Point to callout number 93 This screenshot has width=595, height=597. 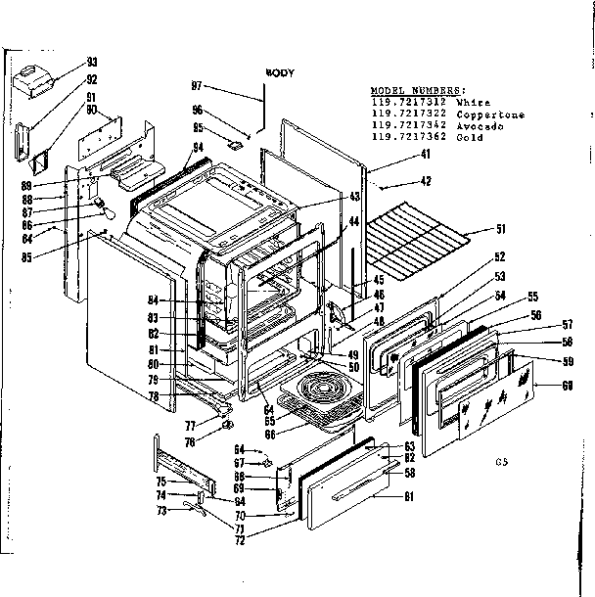click(x=92, y=62)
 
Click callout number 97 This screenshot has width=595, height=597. click(x=197, y=87)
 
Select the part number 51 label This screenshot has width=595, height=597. click(x=500, y=230)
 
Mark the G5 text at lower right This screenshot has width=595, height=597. click(x=501, y=458)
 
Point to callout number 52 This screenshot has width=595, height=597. click(x=499, y=256)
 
